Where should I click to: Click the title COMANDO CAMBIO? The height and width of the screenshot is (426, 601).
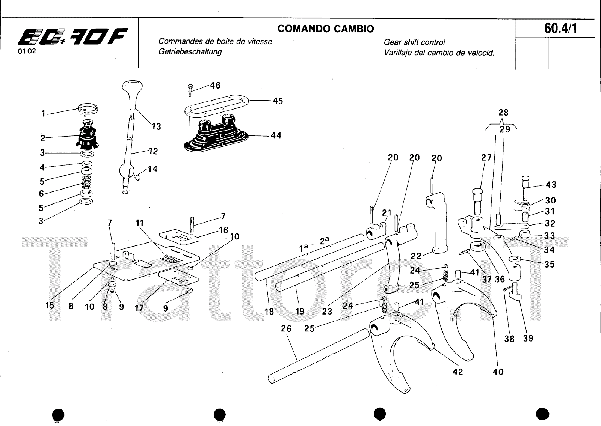click(326, 29)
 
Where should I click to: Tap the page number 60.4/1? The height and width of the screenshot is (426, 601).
click(560, 28)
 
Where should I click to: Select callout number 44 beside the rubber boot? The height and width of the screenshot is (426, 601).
click(276, 135)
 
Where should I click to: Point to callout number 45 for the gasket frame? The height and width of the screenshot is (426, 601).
click(278, 101)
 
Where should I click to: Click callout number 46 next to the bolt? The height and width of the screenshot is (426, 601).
click(215, 86)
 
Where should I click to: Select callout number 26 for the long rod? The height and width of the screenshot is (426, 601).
click(286, 329)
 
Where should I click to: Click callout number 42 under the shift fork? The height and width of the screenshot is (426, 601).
click(458, 372)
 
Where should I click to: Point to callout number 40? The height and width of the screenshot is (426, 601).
click(498, 372)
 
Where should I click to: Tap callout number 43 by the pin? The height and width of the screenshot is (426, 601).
click(551, 185)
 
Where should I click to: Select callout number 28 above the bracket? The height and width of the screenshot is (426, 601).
click(503, 113)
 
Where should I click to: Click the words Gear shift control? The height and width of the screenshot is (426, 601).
click(414, 42)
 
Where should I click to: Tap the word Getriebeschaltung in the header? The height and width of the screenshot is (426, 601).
click(190, 52)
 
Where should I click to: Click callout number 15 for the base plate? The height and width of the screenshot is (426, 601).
click(50, 305)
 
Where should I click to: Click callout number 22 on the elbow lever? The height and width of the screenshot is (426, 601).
click(416, 256)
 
